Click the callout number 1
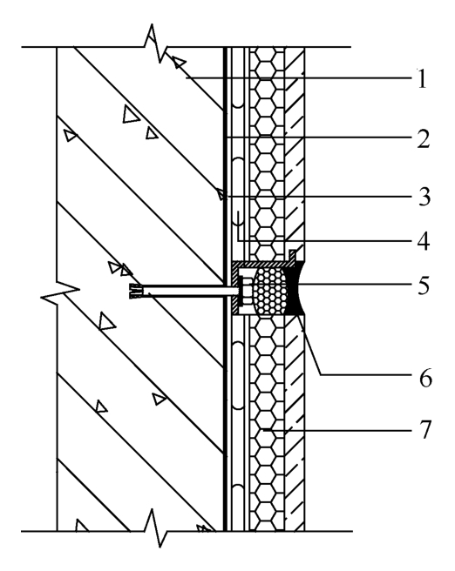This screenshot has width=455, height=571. pyautogui.click(x=422, y=78)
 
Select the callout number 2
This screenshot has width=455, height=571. pyautogui.click(x=423, y=138)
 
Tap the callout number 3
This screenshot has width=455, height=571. pyautogui.click(x=424, y=197)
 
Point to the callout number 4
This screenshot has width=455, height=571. pyautogui.click(x=423, y=241)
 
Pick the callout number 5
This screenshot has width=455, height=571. pyautogui.click(x=424, y=285)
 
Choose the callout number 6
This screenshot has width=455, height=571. pyautogui.click(x=425, y=378)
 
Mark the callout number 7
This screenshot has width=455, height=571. pyautogui.click(x=424, y=429)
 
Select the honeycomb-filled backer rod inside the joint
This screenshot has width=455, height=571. pyautogui.click(x=270, y=290)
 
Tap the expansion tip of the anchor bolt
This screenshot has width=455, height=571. pyautogui.click(x=136, y=291)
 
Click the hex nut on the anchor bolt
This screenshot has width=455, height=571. pyautogui.click(x=247, y=290)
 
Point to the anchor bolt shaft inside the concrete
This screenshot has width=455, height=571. pyautogui.click(x=190, y=291)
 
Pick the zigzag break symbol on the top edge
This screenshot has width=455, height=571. pyautogui.click(x=156, y=43)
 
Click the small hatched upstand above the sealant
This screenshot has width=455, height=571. pyautogui.click(x=292, y=255)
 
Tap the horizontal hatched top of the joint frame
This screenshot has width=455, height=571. pyautogui.click(x=261, y=264)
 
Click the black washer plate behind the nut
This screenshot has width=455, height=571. pyautogui.click(x=241, y=291)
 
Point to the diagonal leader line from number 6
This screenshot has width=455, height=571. pyautogui.click(x=310, y=345)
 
